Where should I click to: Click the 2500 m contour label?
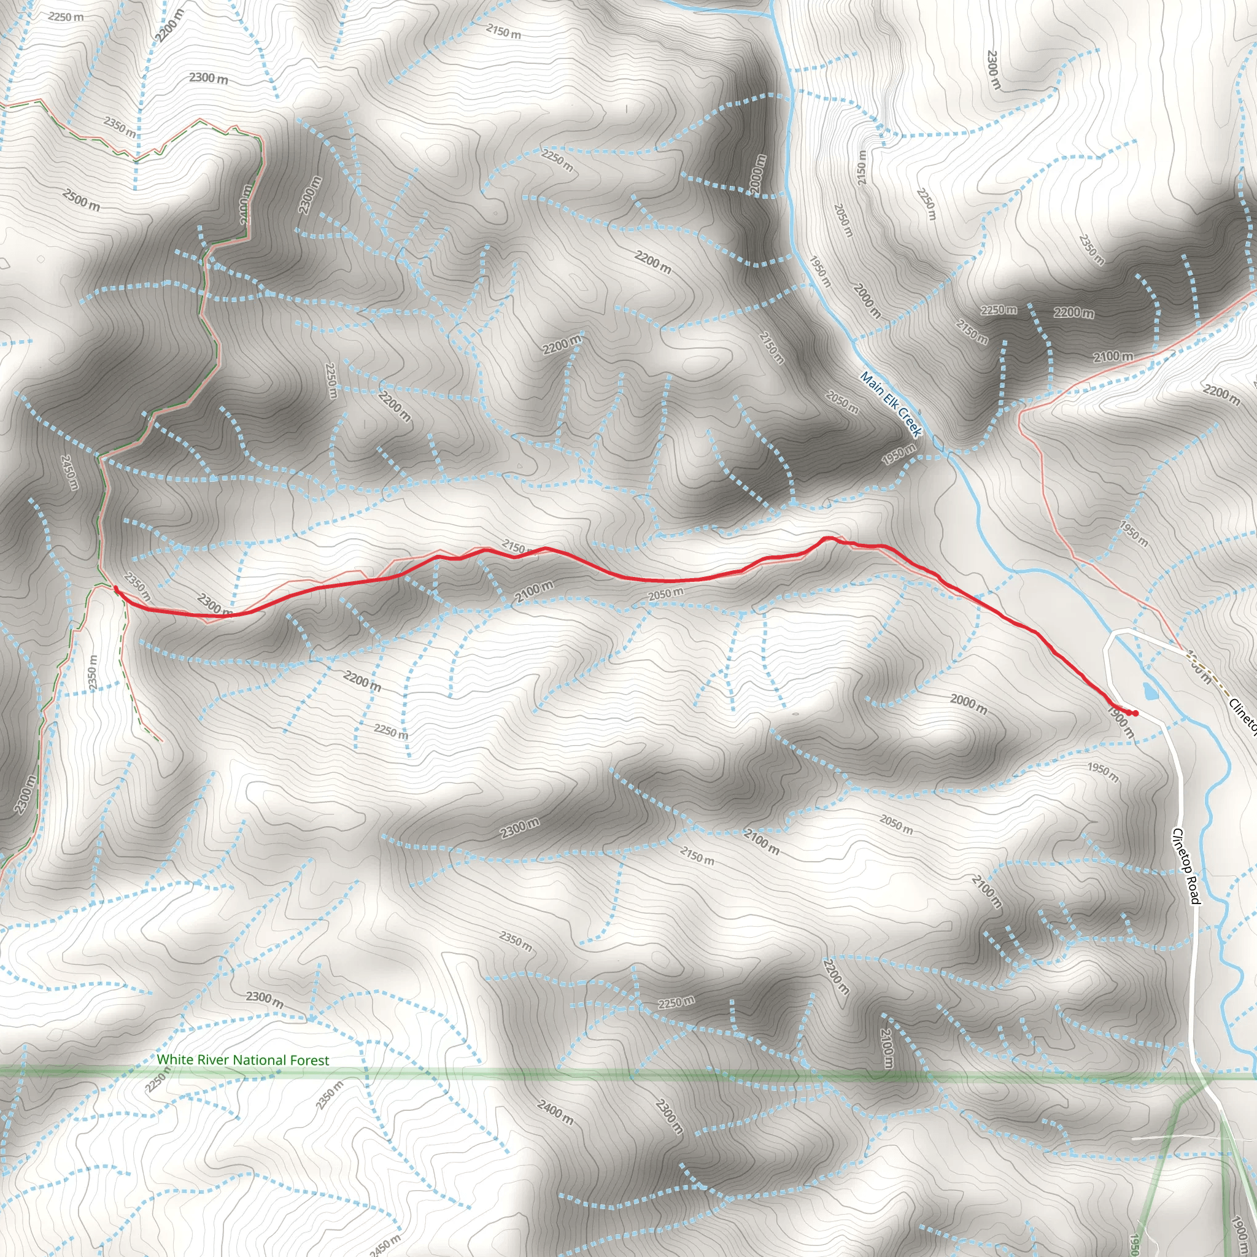point(82,199)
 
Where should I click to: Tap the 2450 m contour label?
point(385,1245)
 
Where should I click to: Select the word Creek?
point(910,423)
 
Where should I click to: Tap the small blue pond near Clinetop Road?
point(1150,690)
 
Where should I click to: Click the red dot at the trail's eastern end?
point(1135,714)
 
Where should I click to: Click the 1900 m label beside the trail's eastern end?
point(1120,723)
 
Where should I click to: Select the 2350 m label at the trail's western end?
point(137,586)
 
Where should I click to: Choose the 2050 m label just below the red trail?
point(665,594)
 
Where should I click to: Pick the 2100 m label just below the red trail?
point(533,592)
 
